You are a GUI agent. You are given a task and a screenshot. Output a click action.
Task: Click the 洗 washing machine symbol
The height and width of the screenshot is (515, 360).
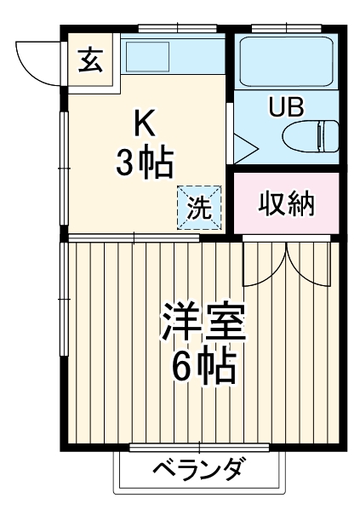pos(198,208)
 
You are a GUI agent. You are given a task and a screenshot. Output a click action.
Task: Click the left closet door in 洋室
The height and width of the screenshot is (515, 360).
pos(265,264)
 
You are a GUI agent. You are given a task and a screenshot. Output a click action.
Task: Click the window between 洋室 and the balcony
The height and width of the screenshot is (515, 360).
pos(201,447)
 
